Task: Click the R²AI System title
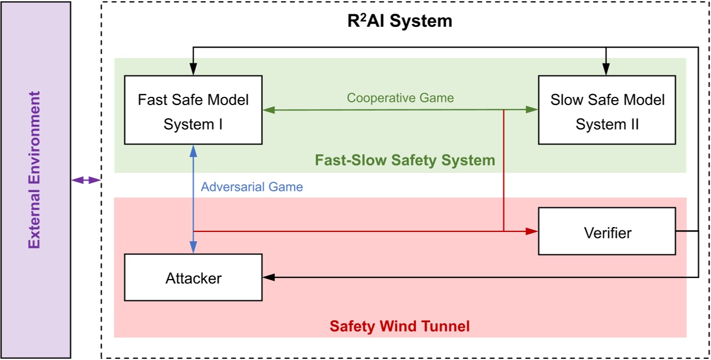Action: pos(400,21)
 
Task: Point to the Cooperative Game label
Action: pos(400,98)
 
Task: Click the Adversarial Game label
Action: pos(252,187)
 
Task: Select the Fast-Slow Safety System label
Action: pos(405,160)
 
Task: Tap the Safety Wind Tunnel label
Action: pos(399,327)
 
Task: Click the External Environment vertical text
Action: pos(35,170)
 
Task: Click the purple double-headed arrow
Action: pos(86,180)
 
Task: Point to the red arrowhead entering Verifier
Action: pos(533,231)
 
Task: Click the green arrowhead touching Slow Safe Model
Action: pos(532,109)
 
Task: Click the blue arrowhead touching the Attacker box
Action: pos(193,248)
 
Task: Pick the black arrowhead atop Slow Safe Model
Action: pos(605,70)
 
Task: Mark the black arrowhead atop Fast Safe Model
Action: pos(193,70)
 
